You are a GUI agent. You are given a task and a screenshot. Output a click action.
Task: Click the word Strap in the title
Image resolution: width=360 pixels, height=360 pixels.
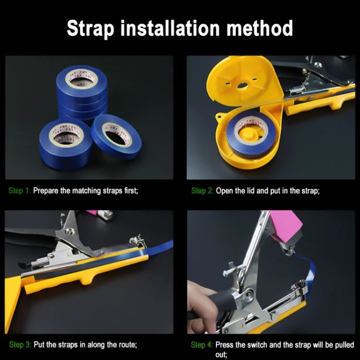(90, 28)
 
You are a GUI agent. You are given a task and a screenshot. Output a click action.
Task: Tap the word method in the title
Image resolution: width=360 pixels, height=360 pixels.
(260, 28)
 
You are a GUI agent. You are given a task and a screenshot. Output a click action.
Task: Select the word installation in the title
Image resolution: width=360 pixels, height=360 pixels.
(170, 28)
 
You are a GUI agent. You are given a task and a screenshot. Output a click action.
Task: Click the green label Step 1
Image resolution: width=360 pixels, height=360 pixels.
(19, 191)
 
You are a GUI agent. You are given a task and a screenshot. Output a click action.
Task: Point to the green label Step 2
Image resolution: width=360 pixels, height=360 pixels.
(202, 191)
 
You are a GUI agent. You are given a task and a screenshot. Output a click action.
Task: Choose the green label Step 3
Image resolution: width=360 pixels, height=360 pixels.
(20, 344)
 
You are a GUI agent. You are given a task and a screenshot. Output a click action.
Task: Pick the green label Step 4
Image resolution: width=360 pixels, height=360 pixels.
(202, 345)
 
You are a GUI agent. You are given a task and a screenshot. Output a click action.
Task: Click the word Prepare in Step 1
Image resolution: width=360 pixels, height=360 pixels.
(46, 191)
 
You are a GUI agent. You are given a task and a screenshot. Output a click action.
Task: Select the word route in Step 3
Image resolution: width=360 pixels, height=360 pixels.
(127, 345)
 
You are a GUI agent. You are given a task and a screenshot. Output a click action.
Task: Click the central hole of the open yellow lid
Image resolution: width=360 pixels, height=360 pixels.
(241, 86)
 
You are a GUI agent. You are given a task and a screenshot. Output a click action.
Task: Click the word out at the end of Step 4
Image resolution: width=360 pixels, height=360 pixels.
(221, 355)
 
